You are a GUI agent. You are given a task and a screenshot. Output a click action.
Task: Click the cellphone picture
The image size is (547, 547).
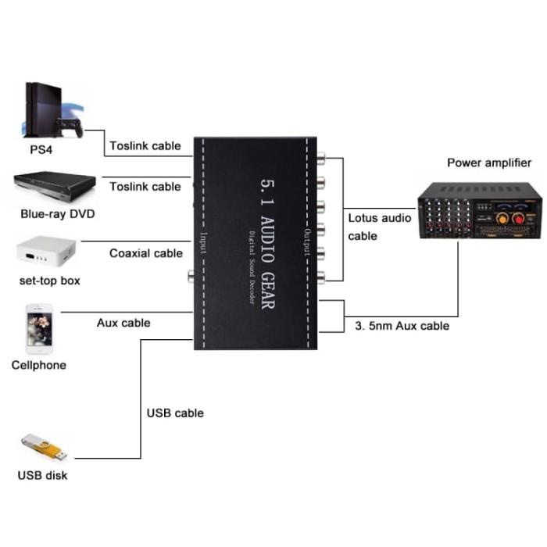point(38,329)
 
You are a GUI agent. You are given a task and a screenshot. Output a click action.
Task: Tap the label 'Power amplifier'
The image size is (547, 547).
point(488,163)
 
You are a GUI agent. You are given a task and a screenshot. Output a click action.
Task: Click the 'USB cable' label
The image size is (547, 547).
point(175,413)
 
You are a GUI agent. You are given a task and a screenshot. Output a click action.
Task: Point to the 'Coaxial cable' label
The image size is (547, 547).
point(146,253)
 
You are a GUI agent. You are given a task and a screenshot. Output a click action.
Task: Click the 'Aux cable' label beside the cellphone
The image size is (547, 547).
point(123,322)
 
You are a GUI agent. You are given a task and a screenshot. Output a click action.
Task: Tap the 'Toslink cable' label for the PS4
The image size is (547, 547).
point(145,145)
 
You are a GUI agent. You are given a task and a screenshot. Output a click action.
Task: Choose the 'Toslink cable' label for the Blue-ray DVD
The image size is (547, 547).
point(145,186)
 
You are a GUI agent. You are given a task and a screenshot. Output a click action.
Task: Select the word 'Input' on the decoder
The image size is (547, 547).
point(204,244)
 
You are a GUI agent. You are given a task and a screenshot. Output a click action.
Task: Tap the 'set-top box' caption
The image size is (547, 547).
point(50,281)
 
